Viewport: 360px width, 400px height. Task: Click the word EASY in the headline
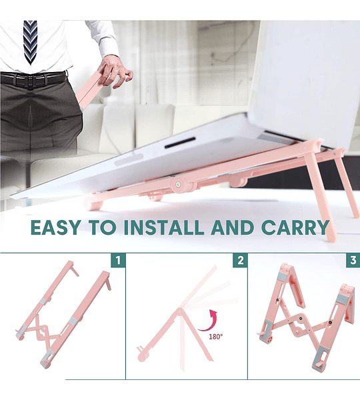pos(55,227)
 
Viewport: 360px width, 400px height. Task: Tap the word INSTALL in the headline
pos(163,227)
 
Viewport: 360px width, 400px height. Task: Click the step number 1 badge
pos(118,261)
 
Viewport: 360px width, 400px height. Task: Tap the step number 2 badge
pos(240,261)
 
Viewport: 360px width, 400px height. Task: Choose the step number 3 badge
pos(353,261)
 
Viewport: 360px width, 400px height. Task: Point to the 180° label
pos(215,337)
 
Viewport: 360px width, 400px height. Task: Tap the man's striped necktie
pos(30,41)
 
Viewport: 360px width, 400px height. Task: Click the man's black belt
pos(33,79)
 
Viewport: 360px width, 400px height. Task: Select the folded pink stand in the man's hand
pos(89,89)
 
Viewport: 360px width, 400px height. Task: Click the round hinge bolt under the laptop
pos(178,184)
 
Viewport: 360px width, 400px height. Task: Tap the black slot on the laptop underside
pos(180,143)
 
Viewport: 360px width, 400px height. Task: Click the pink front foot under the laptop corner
pos(93,205)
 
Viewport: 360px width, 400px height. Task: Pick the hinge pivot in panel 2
pos(180,311)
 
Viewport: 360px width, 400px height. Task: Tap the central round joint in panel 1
pos(43,328)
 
